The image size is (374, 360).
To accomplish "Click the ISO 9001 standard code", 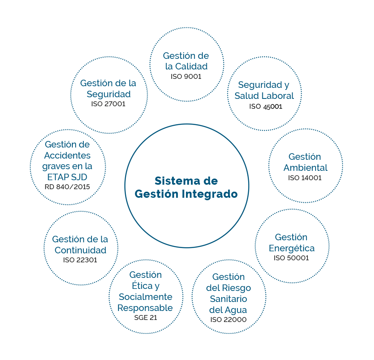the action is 186,76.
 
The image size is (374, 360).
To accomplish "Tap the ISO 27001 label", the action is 108,104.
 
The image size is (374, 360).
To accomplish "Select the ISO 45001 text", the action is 266,106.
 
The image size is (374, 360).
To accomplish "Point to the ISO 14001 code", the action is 305,178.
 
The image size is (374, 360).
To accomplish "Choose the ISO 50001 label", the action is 291,258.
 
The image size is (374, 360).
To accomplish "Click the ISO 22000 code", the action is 228,320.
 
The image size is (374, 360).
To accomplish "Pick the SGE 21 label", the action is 146,318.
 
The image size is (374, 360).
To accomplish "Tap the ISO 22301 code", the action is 80,260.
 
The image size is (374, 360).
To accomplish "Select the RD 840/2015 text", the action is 67,187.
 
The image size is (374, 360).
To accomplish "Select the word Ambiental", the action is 306,168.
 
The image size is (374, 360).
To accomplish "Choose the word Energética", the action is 292,248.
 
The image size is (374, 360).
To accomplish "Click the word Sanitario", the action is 228,299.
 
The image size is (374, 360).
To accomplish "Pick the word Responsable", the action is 145,308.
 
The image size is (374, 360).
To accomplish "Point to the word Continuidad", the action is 81,250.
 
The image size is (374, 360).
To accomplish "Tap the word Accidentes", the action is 67,155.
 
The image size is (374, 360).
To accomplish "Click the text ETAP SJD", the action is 67,177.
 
